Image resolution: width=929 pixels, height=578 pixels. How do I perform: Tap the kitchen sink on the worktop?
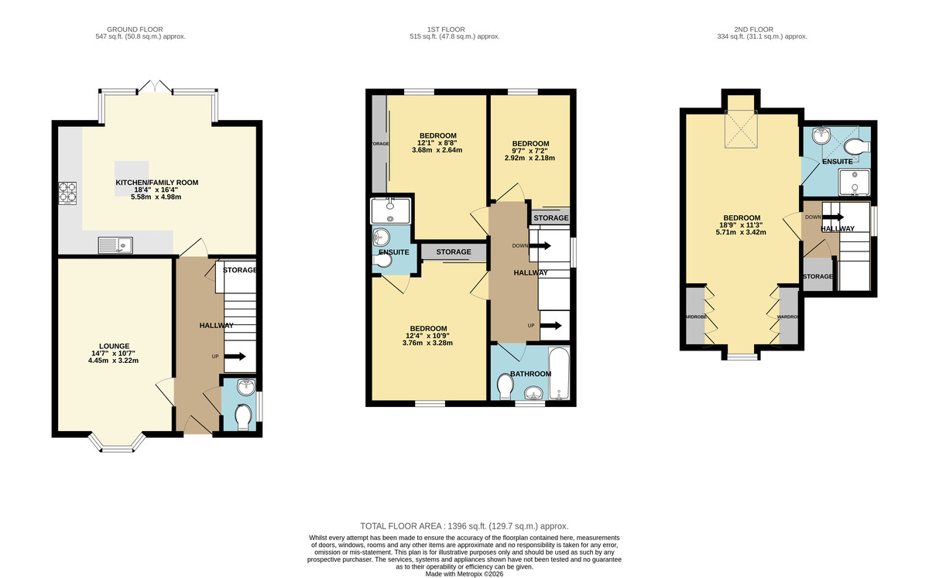[x=115, y=246]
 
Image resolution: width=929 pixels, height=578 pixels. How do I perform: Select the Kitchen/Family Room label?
[x=156, y=183]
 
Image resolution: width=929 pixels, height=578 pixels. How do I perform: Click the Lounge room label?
[x=114, y=346]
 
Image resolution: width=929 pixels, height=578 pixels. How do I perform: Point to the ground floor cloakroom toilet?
[x=242, y=418]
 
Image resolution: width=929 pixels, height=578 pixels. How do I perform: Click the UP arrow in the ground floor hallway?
[x=235, y=357]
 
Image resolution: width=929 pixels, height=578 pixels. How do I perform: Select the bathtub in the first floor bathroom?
[x=559, y=375]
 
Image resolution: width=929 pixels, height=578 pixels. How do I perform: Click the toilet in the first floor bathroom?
[x=506, y=385]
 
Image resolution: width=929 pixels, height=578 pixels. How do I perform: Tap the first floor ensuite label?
[x=393, y=253]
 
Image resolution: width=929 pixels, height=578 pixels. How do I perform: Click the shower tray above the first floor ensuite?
[x=392, y=209]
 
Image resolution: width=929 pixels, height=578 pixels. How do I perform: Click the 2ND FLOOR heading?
[x=762, y=29]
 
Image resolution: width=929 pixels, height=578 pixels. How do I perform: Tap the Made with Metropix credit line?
[x=464, y=573]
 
